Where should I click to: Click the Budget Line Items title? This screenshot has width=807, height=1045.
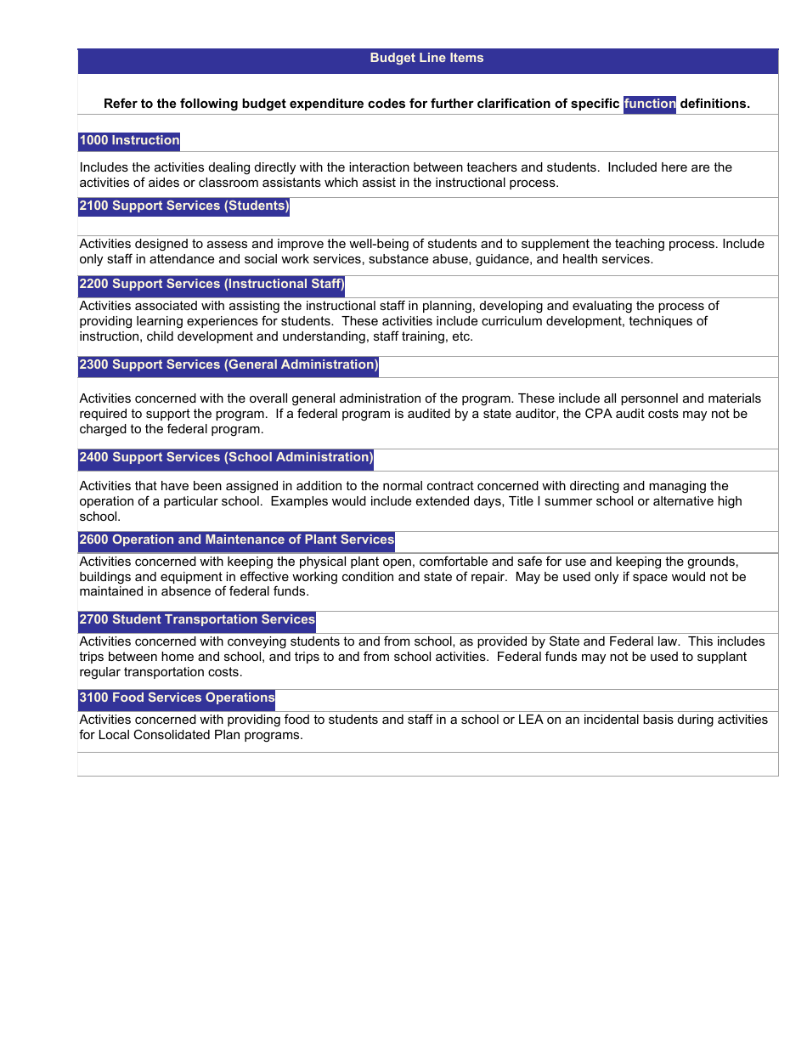point(426,59)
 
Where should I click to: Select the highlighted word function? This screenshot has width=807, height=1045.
point(650,104)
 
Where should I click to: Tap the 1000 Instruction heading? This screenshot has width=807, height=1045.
point(129,141)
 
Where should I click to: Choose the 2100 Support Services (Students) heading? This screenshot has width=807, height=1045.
point(183,206)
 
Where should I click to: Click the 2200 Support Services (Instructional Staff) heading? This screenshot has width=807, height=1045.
point(212,285)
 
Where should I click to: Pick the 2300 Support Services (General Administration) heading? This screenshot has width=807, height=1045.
point(229,365)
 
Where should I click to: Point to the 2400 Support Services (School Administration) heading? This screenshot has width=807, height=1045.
point(226,458)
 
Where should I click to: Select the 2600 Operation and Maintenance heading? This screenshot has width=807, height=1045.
point(236,540)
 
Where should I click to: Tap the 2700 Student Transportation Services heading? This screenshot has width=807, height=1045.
point(197,620)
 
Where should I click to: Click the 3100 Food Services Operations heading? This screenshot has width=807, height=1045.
point(177,698)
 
